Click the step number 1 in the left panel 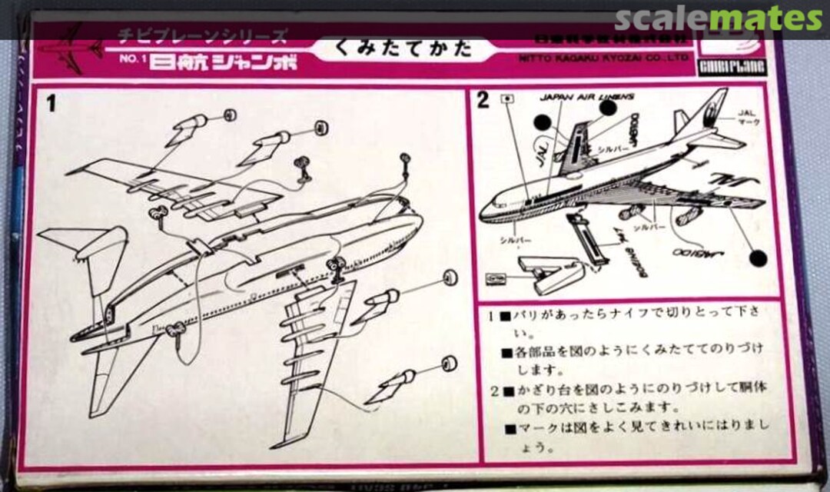[x=51, y=103]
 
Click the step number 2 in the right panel [x=483, y=101]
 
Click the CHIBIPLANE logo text [x=732, y=68]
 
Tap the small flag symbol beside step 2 [x=507, y=98]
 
